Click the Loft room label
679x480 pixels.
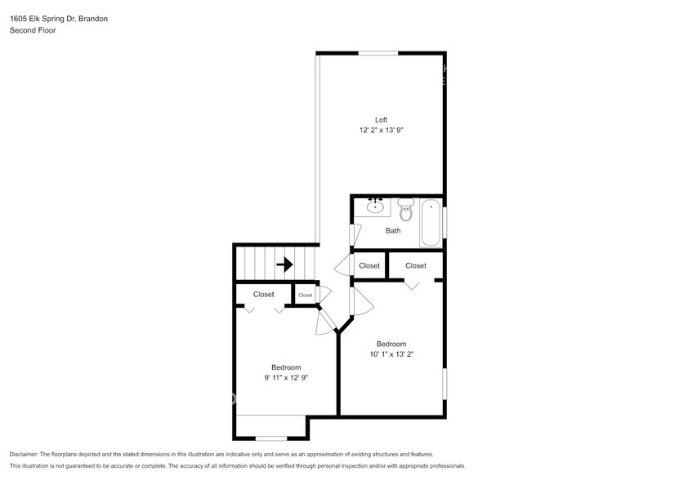coord(381,120)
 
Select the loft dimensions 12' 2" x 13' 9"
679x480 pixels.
coord(381,131)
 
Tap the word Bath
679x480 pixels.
coord(393,231)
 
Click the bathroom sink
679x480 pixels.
coord(376,207)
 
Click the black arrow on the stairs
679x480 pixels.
coord(284,264)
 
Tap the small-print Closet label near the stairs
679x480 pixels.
coord(305,296)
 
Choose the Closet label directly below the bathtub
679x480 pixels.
coord(415,266)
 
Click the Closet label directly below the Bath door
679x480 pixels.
coord(369,266)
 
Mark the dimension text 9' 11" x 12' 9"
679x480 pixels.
coord(286,378)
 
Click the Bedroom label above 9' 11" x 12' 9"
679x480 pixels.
coord(286,367)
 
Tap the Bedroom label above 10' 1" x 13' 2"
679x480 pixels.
coord(391,344)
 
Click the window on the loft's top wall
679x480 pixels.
coord(378,54)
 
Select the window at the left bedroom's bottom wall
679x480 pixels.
coord(272,438)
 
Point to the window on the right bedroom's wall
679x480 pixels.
coord(444,384)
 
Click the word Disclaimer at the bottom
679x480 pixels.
coord(28,454)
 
